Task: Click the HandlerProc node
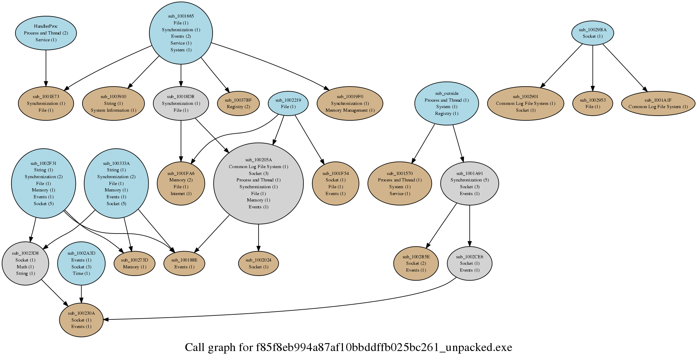[x=46, y=33]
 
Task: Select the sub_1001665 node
[x=181, y=33]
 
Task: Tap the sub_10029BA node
[x=593, y=33]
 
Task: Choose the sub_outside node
[x=446, y=103]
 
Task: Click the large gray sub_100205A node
[x=258, y=183]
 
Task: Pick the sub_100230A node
[x=81, y=320]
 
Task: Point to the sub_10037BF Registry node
[x=238, y=103]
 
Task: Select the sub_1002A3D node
[x=81, y=263]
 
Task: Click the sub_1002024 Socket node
[x=258, y=263]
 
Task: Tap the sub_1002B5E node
[x=416, y=263]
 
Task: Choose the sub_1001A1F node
[x=658, y=103]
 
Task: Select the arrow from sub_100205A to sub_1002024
[x=258, y=237]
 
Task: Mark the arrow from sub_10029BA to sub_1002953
[x=593, y=68]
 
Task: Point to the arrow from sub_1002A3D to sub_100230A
[x=81, y=294]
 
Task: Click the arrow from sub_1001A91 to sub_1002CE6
[x=469, y=226]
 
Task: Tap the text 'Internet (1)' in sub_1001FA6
[x=181, y=194]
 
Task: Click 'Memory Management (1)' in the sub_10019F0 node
[x=350, y=110]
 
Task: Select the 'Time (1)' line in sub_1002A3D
[x=81, y=273]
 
